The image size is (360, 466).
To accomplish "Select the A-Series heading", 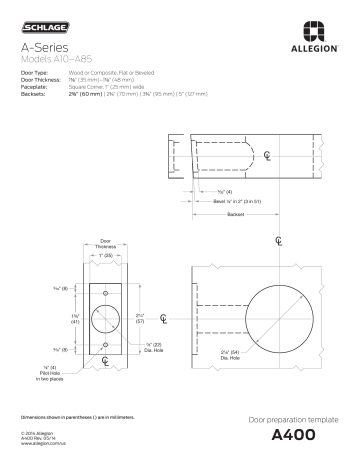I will (x=46, y=48).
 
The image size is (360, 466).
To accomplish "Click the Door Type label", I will (x=35, y=74).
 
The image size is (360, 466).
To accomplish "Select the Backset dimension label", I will (x=236, y=213).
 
